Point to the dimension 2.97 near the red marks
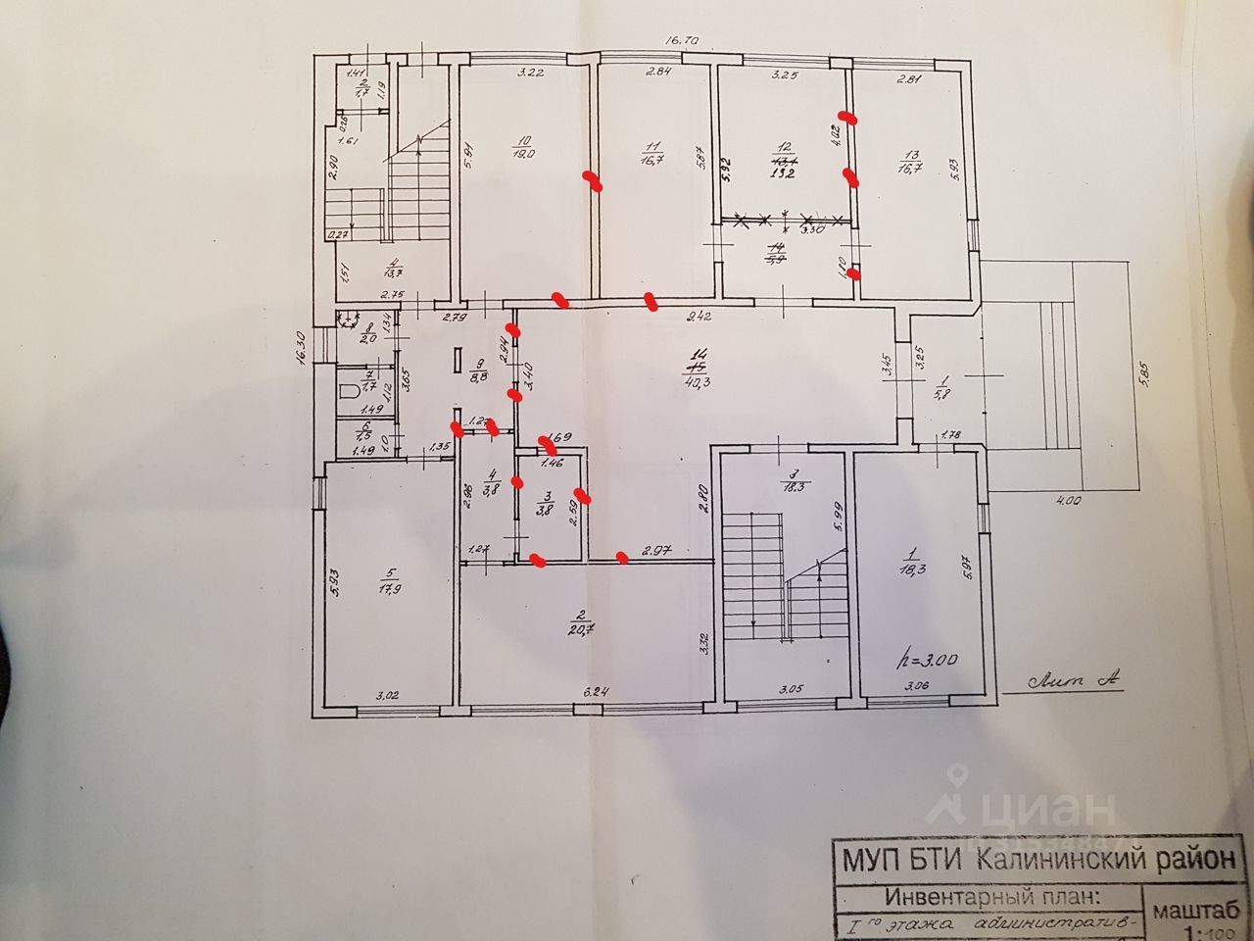coord(655,553)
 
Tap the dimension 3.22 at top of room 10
coord(530,72)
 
